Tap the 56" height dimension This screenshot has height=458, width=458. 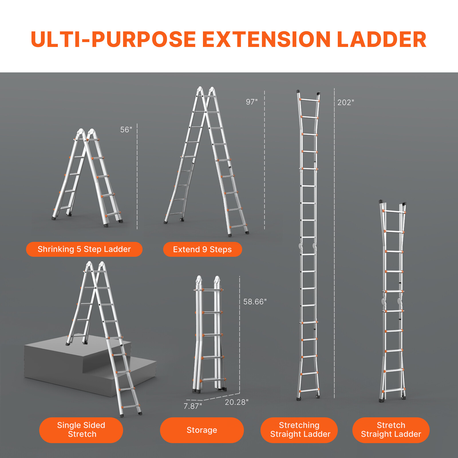126,130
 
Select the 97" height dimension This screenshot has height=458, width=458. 252,102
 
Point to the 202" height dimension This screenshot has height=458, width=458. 346,102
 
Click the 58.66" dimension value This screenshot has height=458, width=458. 255,302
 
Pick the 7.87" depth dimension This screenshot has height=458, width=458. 193,406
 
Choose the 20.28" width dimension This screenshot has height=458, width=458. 236,402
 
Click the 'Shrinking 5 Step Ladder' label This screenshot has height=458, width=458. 84,249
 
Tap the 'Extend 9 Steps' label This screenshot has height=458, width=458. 202,250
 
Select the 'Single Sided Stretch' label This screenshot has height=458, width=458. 81,430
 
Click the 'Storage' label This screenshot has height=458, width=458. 202,430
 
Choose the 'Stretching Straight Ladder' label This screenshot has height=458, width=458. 299,430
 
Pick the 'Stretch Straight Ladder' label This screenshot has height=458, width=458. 391,430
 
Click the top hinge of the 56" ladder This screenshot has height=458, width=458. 86,133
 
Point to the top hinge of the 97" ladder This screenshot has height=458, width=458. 206,91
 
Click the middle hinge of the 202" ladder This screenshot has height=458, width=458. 308,246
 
